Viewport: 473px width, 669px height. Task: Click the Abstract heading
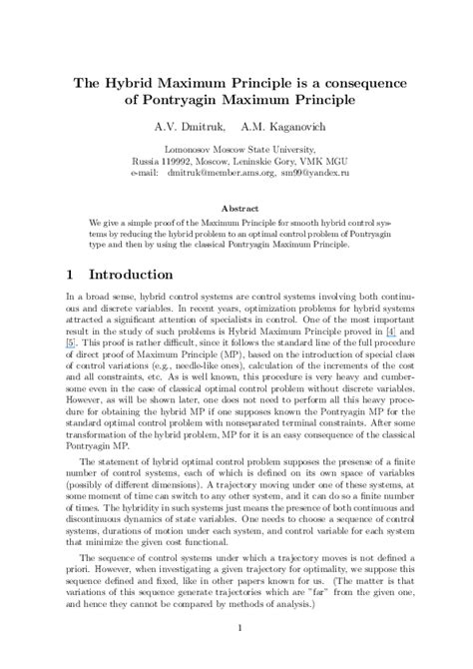[236, 209]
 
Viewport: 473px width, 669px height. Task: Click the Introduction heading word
[146, 273]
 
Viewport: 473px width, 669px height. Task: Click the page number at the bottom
[236, 655]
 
